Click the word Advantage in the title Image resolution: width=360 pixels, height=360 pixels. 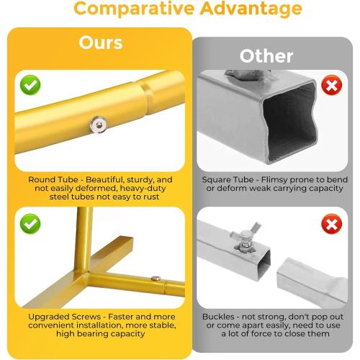(x=251, y=9)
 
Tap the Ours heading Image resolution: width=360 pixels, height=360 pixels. (x=101, y=42)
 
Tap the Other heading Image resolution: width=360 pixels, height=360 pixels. (x=266, y=56)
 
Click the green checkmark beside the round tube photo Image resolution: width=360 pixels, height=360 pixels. (x=30, y=85)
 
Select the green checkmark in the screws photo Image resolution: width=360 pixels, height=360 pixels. (x=30, y=224)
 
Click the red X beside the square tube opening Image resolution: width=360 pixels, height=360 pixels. (x=332, y=85)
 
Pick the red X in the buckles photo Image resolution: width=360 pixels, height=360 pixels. (x=332, y=224)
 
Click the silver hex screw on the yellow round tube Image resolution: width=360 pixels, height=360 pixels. (x=98, y=125)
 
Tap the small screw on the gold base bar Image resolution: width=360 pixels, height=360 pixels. (x=156, y=279)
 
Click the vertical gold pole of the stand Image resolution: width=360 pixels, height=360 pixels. (x=84, y=240)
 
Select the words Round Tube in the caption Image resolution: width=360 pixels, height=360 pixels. (x=53, y=179)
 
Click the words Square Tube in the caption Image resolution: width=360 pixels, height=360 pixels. (x=228, y=179)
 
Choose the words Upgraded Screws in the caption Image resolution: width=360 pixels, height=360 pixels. (x=64, y=317)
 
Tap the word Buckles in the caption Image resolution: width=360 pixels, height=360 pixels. (x=218, y=317)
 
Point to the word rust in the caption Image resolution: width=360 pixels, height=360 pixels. (x=151, y=197)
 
